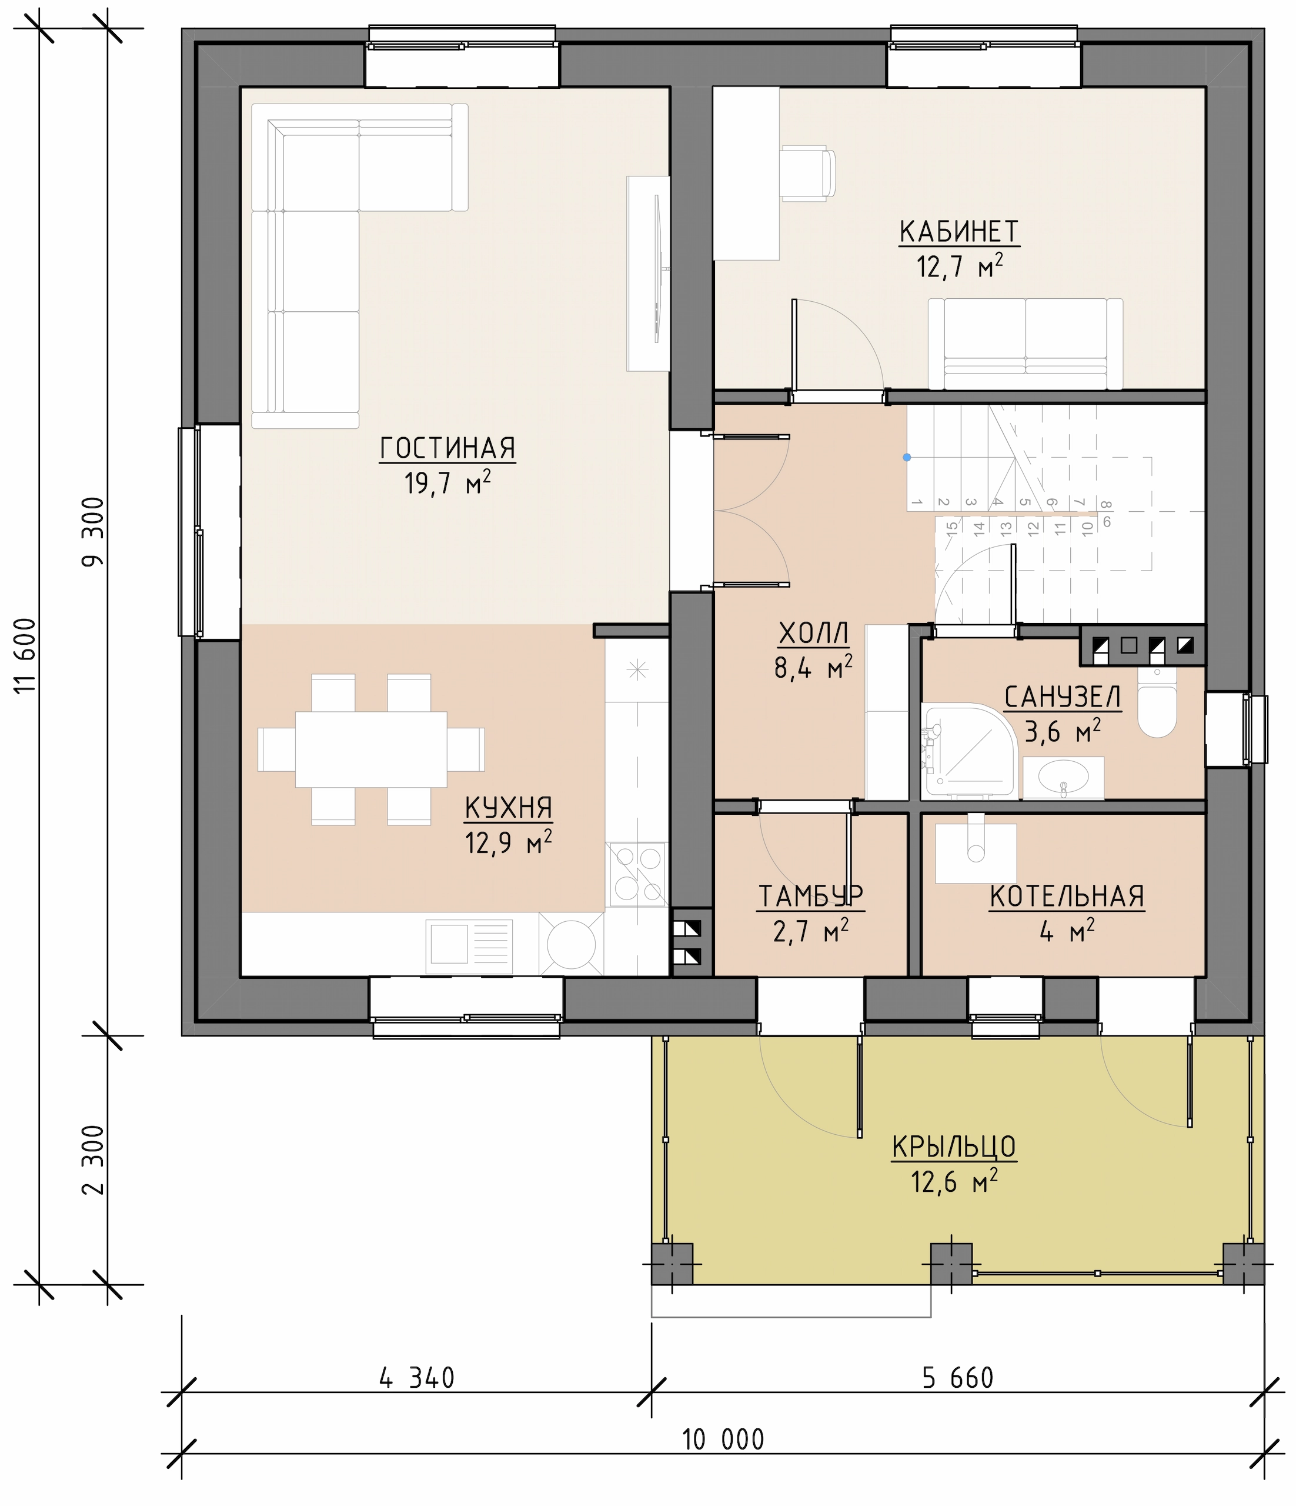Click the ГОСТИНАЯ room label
click(x=447, y=448)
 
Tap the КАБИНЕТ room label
click(x=959, y=232)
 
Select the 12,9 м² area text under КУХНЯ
click(x=509, y=842)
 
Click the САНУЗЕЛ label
click(x=1063, y=697)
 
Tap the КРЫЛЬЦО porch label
click(x=954, y=1147)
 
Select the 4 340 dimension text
click(x=417, y=1377)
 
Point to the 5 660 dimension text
click(x=957, y=1377)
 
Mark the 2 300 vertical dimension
click(x=93, y=1160)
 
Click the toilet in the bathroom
click(x=1157, y=703)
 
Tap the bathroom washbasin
click(x=1063, y=778)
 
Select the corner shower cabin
click(x=966, y=750)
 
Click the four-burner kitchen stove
click(x=637, y=874)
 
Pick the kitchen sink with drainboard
click(x=469, y=947)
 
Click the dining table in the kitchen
click(x=370, y=749)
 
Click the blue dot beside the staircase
click(x=907, y=457)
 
